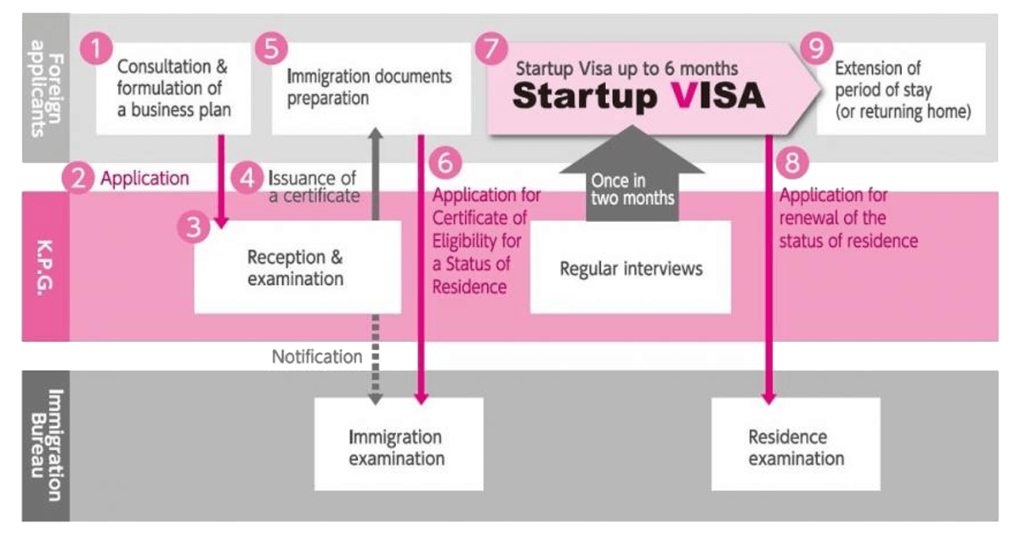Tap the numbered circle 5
click(270, 48)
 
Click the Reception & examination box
click(297, 267)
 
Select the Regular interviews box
click(631, 268)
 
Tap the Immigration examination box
click(398, 447)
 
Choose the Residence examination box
click(796, 447)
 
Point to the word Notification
click(316, 357)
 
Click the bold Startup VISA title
click(637, 96)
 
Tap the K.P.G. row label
click(45, 266)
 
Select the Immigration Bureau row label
click(45, 444)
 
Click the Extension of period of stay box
click(901, 88)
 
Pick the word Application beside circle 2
click(144, 179)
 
